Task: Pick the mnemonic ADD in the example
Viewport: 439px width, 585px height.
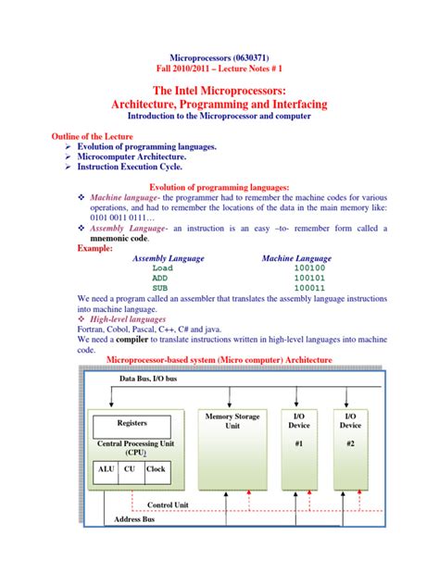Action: coord(162,278)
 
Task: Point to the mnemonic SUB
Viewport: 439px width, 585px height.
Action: coord(162,288)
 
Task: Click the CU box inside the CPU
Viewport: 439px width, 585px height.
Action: coord(131,469)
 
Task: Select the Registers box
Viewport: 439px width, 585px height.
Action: coord(132,423)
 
